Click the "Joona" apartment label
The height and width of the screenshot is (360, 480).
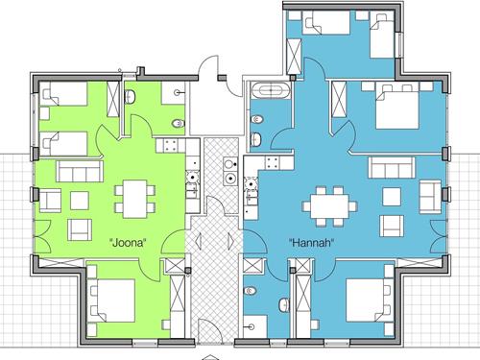click(x=128, y=243)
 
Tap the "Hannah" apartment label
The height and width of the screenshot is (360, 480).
click(x=312, y=243)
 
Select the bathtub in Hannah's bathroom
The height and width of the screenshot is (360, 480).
click(x=271, y=90)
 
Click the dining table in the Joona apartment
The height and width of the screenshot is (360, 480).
click(x=135, y=199)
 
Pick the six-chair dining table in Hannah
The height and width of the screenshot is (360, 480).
click(x=329, y=206)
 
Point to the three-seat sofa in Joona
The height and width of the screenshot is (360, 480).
click(x=80, y=171)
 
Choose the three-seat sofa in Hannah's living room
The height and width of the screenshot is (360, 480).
click(x=392, y=167)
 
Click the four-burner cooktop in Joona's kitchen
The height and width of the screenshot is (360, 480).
click(x=170, y=145)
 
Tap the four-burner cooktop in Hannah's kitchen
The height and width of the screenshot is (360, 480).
click(x=272, y=162)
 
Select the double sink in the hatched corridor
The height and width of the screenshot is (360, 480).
click(x=230, y=171)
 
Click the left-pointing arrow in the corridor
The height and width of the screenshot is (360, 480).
click(x=199, y=241)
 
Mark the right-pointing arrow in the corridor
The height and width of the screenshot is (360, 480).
click(x=231, y=240)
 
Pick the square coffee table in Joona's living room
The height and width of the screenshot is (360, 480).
click(x=80, y=201)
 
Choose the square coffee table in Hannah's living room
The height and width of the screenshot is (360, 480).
click(x=392, y=197)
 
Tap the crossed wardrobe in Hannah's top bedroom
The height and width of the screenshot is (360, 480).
click(x=294, y=57)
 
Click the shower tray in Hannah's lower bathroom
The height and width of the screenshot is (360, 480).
click(x=255, y=326)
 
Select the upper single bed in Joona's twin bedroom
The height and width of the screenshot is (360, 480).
click(x=64, y=94)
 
